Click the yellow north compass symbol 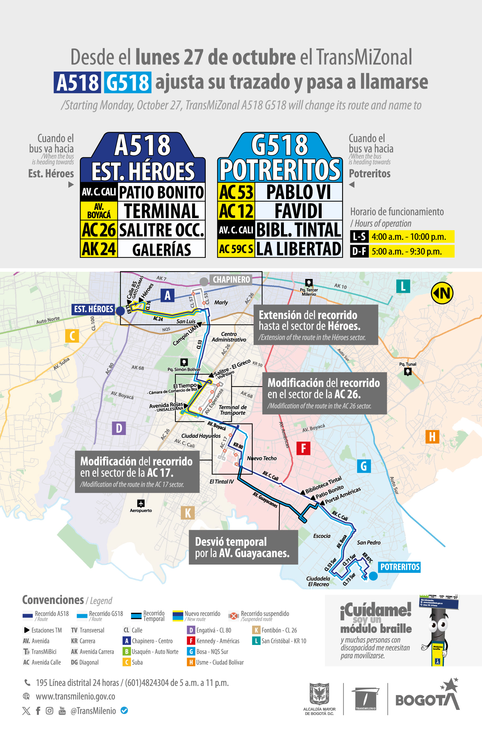click(x=442, y=293)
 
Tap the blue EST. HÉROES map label click(x=94, y=309)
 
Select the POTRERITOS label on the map click(x=400, y=567)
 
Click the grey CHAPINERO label click(x=231, y=280)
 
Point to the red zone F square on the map click(x=303, y=448)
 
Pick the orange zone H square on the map click(x=432, y=437)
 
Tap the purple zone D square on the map click(x=119, y=428)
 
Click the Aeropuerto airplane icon click(x=141, y=503)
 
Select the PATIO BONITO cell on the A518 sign click(x=161, y=192)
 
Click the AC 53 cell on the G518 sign click(x=236, y=192)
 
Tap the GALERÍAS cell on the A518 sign click(x=161, y=249)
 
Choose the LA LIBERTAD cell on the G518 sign click(x=298, y=249)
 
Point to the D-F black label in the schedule click(x=359, y=252)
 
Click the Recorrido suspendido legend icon click(x=233, y=616)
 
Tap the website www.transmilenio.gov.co click(x=75, y=696)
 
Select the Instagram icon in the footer click(x=49, y=711)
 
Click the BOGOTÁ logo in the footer click(x=427, y=697)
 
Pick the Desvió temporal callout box click(x=243, y=547)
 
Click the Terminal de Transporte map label click(x=233, y=410)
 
